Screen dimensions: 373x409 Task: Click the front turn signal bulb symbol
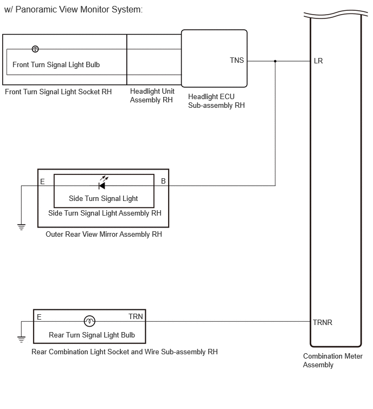coord(35,49)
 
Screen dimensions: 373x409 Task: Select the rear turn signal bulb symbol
coord(89,321)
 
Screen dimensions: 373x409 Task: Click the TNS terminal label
coord(237,60)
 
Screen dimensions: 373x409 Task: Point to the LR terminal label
coord(318,61)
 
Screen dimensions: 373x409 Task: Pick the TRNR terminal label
coord(323,323)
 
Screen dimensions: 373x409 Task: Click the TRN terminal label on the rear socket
coord(136,316)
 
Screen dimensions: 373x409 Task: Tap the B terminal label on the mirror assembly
coord(163,181)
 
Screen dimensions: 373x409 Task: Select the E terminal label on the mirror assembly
coord(42,181)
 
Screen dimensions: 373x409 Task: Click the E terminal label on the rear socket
coord(39,317)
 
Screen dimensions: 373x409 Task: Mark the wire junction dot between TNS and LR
coord(275,61)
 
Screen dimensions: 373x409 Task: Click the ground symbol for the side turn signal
coord(21,227)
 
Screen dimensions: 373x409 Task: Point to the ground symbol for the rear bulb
coord(21,340)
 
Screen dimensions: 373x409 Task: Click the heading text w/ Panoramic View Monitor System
coord(74,10)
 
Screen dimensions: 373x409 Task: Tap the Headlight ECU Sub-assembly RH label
coord(216,101)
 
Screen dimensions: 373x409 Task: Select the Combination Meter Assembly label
coord(333,360)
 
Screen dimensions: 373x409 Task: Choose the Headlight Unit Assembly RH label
coord(152,95)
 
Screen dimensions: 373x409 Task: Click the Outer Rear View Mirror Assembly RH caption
coord(104,234)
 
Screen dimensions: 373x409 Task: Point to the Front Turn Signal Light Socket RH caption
coord(58,92)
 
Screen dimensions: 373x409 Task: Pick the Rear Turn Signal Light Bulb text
coord(92,335)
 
